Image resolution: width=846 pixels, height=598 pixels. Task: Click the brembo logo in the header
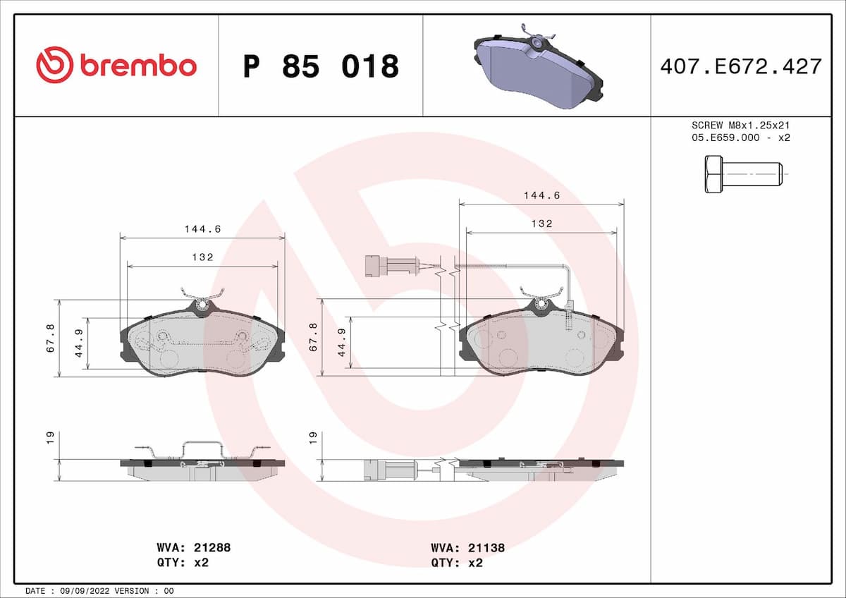pyautogui.click(x=116, y=65)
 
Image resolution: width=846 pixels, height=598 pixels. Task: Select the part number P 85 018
pyautogui.click(x=321, y=66)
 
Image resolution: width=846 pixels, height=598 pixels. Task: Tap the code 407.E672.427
pyautogui.click(x=740, y=66)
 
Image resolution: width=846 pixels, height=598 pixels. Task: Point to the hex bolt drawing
pyautogui.click(x=740, y=173)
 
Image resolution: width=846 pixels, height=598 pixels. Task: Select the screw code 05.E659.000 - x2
pyautogui.click(x=740, y=138)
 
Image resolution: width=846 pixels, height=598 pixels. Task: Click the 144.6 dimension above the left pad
pyautogui.click(x=202, y=228)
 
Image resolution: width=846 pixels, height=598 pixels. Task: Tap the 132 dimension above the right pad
pyautogui.click(x=541, y=224)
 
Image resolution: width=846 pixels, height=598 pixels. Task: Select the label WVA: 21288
pyautogui.click(x=193, y=547)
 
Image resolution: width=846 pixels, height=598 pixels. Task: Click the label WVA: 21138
pyautogui.click(x=467, y=547)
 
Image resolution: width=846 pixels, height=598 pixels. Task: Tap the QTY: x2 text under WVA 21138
pyautogui.click(x=457, y=563)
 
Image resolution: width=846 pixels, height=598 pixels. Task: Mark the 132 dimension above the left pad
pyautogui.click(x=202, y=257)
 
